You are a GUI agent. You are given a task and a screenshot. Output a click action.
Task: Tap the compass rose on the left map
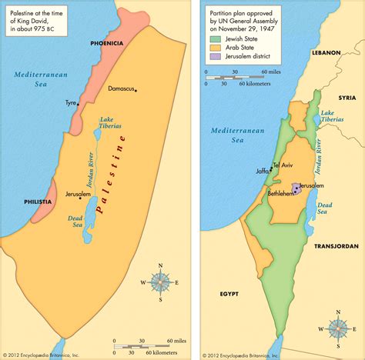pos(159,283)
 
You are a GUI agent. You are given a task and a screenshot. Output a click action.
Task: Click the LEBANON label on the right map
pos(325,52)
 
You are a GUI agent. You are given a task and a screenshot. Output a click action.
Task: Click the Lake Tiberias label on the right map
pos(330,116)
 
